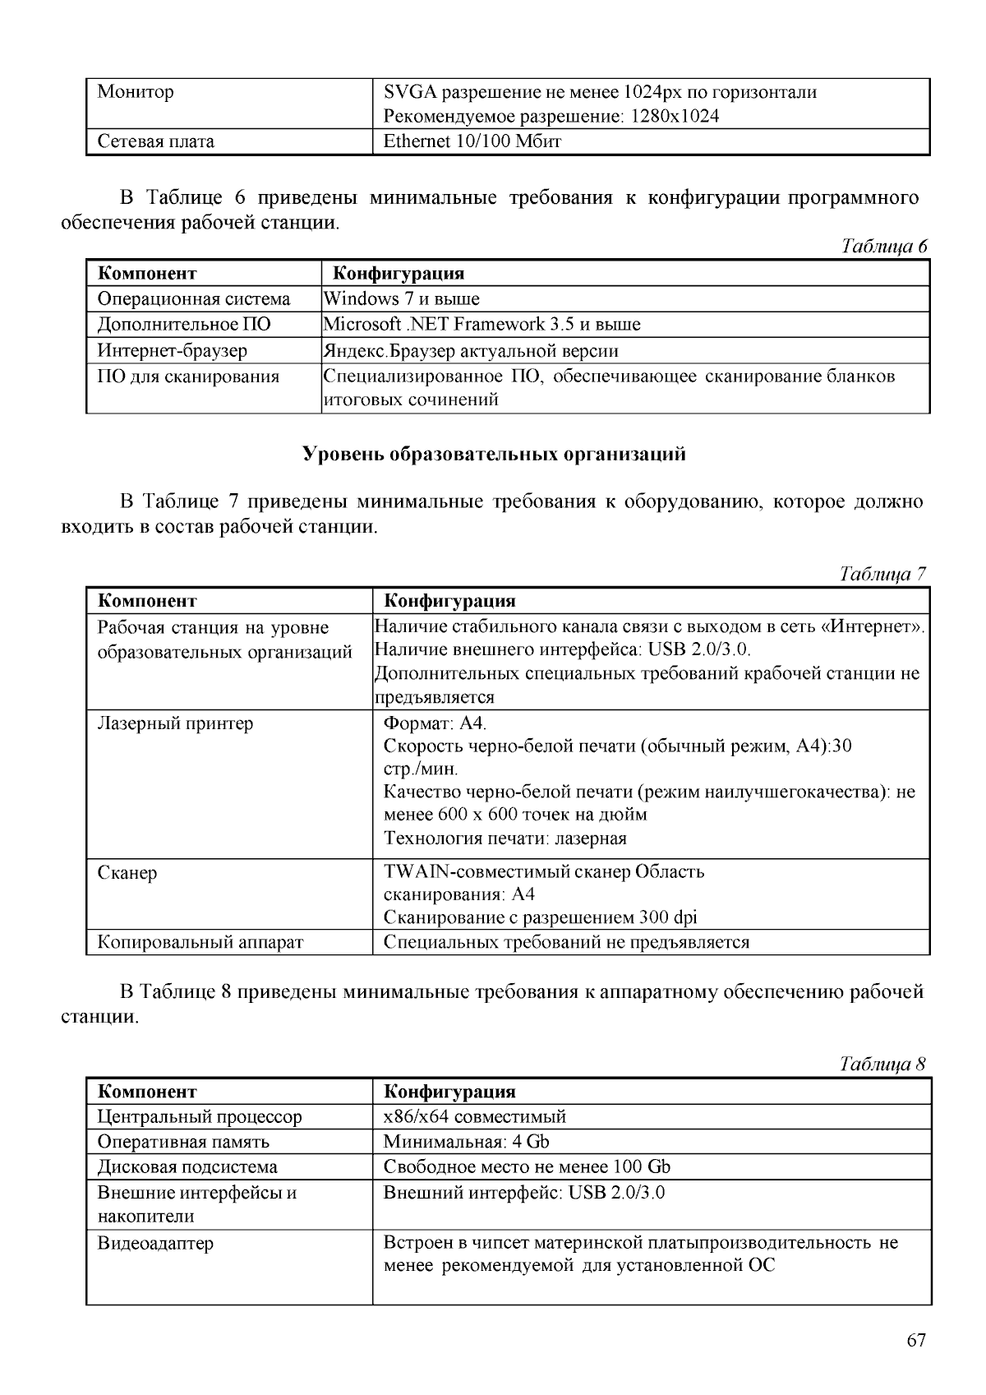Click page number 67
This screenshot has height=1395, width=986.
916,1340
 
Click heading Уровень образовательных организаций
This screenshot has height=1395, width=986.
494,454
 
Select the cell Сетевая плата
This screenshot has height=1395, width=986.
156,141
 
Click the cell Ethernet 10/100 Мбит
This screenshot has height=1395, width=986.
472,141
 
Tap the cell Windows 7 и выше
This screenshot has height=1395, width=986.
402,298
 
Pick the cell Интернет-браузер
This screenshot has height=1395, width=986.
173,351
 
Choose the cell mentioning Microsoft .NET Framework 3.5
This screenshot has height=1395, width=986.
481,325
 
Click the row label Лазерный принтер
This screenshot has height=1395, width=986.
176,723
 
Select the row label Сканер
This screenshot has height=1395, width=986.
127,872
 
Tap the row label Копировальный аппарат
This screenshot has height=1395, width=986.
200,942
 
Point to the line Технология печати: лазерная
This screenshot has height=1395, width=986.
505,838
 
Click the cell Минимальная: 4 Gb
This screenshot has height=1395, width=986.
466,1142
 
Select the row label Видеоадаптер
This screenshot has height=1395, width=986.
155,1243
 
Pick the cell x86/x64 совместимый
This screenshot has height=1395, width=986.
475,1116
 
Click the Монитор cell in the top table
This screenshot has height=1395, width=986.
136,91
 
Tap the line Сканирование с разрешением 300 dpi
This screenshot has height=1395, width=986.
540,917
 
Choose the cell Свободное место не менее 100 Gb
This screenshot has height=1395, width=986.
527,1167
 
